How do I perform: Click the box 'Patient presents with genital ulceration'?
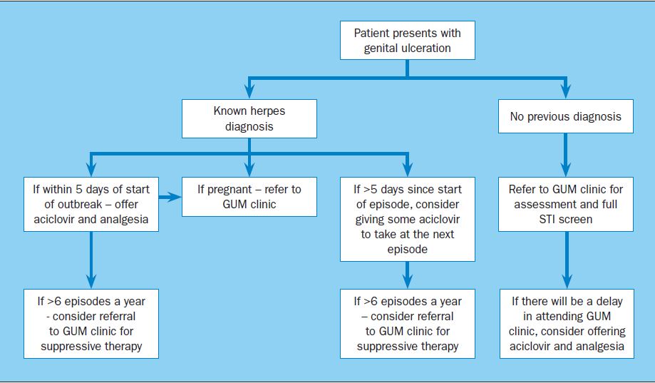(x=407, y=40)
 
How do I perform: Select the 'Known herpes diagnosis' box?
(x=249, y=118)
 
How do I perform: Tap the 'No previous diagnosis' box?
(x=566, y=116)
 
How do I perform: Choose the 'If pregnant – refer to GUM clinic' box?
(x=249, y=197)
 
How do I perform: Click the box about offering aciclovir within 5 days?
(x=91, y=204)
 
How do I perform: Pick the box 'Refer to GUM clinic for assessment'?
(x=566, y=204)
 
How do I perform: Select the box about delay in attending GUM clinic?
(x=567, y=324)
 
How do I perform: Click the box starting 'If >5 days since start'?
(x=407, y=219)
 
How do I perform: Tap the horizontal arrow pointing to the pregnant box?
(x=170, y=197)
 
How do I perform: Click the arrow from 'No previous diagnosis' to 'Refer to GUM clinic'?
(x=566, y=155)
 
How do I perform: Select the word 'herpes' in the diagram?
(x=268, y=111)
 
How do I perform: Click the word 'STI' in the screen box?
(x=547, y=219)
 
